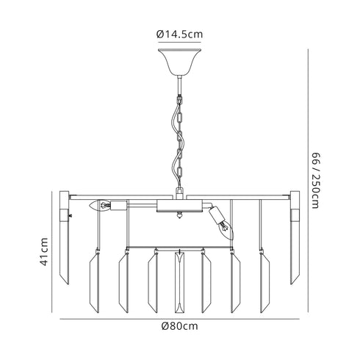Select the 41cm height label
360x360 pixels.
(x=44, y=252)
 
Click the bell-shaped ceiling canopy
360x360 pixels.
(x=179, y=61)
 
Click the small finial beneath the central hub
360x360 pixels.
(x=179, y=216)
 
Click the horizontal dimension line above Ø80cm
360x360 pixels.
(x=180, y=318)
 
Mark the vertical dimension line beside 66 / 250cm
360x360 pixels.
(x=307, y=180)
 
